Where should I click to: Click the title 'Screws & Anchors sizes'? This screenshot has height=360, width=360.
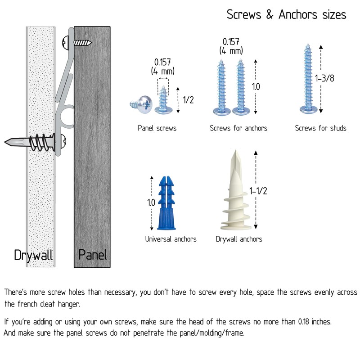tap(286, 14)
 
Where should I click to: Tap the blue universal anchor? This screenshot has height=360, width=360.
tap(166, 203)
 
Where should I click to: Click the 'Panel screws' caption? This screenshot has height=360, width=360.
tap(157, 128)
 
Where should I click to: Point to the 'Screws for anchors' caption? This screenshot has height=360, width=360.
tap(238, 128)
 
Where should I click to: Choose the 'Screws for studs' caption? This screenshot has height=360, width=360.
tap(320, 128)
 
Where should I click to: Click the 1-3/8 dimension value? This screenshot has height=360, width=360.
tap(324, 78)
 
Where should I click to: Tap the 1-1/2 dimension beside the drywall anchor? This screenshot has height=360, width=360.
tap(258, 191)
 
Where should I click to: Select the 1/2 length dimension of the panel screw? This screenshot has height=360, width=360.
tap(188, 100)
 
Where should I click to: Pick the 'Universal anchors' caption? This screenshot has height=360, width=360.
tap(171, 239)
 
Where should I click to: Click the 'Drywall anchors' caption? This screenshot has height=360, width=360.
tap(239, 239)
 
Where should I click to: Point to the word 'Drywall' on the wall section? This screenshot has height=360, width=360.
tap(33, 255)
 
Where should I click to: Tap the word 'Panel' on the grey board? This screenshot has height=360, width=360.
tap(93, 255)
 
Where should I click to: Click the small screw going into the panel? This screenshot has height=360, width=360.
tap(77, 43)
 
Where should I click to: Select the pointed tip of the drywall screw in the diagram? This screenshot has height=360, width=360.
tap(5, 142)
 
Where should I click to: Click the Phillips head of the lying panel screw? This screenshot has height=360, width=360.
tap(145, 104)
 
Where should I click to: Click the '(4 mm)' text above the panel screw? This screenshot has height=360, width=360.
tap(163, 71)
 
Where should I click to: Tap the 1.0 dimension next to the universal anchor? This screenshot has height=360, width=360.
tap(151, 202)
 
